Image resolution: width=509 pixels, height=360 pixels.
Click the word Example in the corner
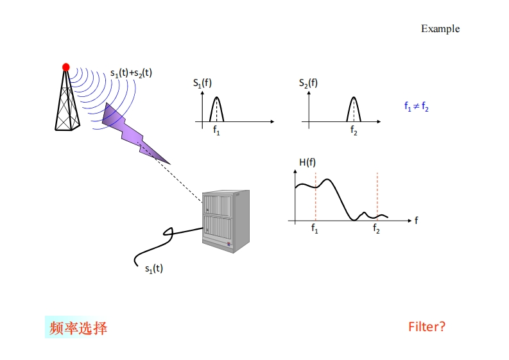pyautogui.click(x=440, y=29)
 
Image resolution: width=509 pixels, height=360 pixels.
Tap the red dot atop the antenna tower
pyautogui.click(x=65, y=67)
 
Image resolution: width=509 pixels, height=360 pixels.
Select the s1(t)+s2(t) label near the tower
pyautogui.click(x=131, y=73)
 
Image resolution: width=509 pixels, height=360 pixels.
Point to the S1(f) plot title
pyautogui.click(x=202, y=83)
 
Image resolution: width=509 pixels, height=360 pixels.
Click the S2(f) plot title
pyautogui.click(x=308, y=83)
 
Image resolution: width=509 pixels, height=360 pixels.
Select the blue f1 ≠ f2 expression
pyautogui.click(x=416, y=107)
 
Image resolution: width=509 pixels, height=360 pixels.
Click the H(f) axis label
pyautogui.click(x=307, y=162)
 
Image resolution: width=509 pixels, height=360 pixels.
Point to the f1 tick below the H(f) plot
pyautogui.click(x=315, y=229)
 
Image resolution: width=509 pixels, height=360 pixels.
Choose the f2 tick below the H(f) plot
pyautogui.click(x=376, y=229)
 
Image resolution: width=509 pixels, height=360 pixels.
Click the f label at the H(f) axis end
pyautogui.click(x=416, y=220)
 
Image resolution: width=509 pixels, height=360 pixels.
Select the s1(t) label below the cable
pyautogui.click(x=153, y=268)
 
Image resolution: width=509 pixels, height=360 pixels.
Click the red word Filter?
pyautogui.click(x=426, y=327)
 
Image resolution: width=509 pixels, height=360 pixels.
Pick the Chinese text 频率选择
pyautogui.click(x=78, y=329)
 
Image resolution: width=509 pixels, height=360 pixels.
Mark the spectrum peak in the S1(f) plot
pyautogui.click(x=217, y=99)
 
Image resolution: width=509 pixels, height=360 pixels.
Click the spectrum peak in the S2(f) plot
pyautogui.click(x=354, y=99)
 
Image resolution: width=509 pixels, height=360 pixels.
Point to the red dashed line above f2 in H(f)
pyautogui.click(x=377, y=193)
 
